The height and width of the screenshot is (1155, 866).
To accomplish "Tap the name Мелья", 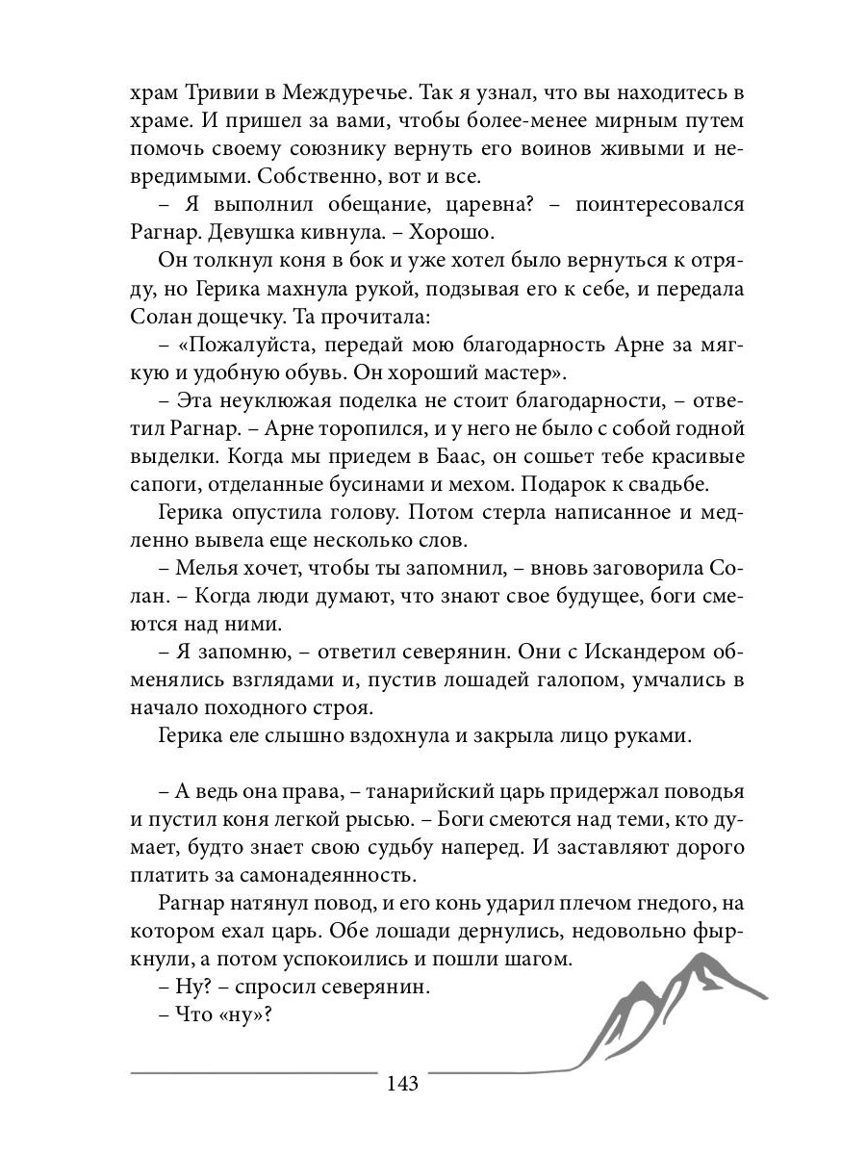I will pos(209,568).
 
